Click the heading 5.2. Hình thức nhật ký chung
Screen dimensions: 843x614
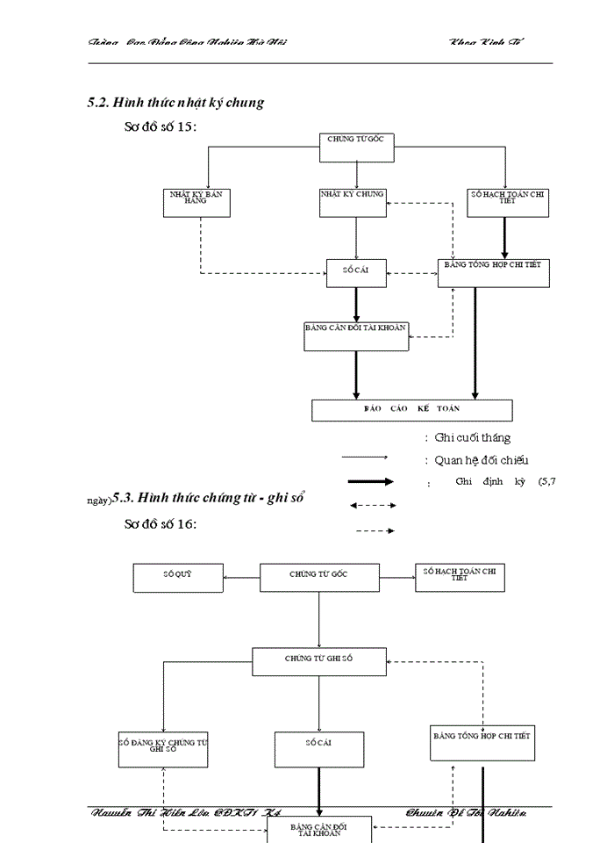[175, 103]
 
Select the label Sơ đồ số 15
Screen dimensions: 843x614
[161, 127]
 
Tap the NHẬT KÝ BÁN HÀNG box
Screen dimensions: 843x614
[200, 202]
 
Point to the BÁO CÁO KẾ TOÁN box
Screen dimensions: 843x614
[411, 410]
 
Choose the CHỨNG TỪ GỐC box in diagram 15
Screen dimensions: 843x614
[356, 148]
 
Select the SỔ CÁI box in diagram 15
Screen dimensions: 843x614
[355, 273]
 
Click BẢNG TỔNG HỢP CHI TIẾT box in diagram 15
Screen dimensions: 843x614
[494, 272]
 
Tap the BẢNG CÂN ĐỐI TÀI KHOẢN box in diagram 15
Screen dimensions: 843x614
[356, 335]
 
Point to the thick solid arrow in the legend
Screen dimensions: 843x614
[371, 482]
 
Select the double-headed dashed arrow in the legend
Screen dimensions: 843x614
[373, 505]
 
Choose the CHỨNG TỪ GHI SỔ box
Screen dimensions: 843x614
[319, 661]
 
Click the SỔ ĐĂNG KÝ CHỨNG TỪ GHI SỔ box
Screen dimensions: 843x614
[163, 749]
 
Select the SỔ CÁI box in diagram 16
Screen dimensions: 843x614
[318, 749]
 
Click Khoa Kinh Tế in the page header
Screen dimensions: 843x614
[488, 42]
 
